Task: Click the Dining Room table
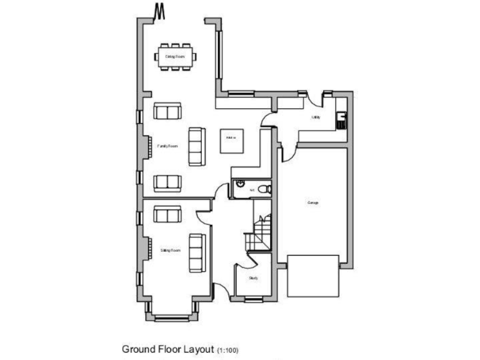pyautogui.click(x=175, y=55)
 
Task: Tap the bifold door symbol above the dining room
pyautogui.click(x=159, y=11)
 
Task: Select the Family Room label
pyautogui.click(x=168, y=146)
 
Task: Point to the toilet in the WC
pyautogui.click(x=266, y=187)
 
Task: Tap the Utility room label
pyautogui.click(x=316, y=117)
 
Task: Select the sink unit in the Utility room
pyautogui.click(x=341, y=119)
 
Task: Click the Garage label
pyautogui.click(x=312, y=202)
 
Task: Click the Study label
pyautogui.click(x=253, y=278)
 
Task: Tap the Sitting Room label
pyautogui.click(x=170, y=250)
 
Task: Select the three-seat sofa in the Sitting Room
pyautogui.click(x=196, y=252)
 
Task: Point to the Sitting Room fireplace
pyautogui.click(x=147, y=249)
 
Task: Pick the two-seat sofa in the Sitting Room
pyautogui.click(x=167, y=214)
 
